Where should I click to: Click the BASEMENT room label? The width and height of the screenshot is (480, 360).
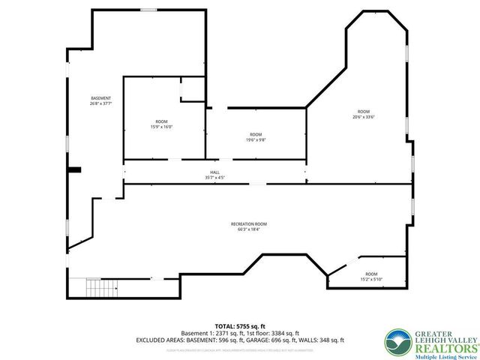[100, 98]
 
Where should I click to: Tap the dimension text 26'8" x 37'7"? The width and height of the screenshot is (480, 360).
[100, 103]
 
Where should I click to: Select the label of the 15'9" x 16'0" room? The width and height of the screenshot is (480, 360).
[161, 121]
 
